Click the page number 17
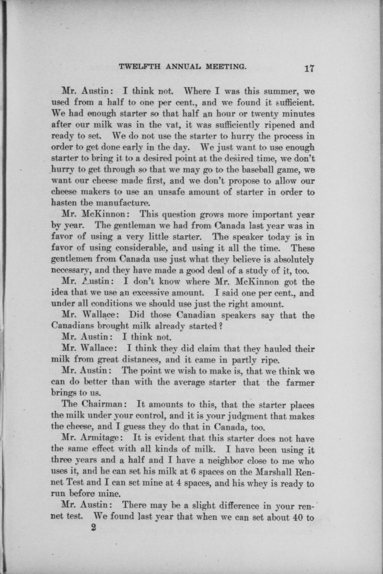[308, 68]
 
